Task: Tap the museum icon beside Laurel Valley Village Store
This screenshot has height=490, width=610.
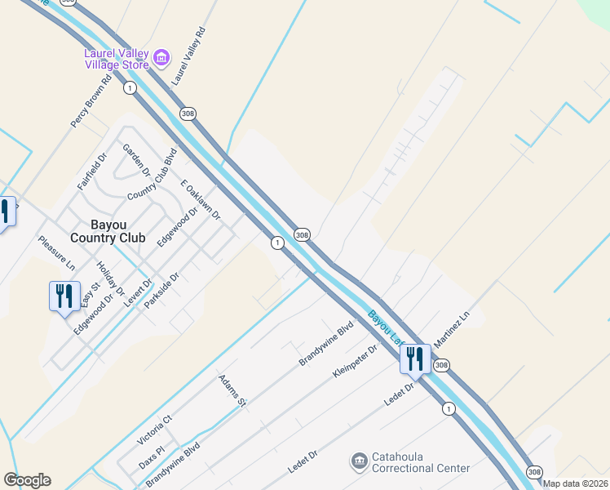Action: coord(161,56)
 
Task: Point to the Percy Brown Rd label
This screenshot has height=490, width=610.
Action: coord(91,102)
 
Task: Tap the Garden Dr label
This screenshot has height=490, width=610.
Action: coord(135,160)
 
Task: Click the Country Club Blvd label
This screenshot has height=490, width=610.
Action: coord(152,174)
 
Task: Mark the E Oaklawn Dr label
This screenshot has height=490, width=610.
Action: coord(201,199)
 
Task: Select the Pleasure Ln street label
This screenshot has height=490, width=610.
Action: coord(56,254)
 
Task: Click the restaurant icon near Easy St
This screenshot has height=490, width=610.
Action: coord(64,296)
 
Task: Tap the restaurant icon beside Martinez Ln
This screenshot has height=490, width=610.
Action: coord(414,359)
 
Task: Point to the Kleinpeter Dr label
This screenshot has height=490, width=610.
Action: coord(355,363)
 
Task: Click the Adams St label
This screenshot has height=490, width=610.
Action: coord(232,390)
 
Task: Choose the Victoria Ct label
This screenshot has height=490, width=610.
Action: coord(155,428)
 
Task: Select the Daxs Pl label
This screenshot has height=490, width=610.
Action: coord(151,456)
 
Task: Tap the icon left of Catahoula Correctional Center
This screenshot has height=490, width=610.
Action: coord(358,462)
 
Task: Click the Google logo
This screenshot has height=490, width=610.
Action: coord(27,480)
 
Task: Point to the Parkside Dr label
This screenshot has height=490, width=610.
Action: coord(161,291)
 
